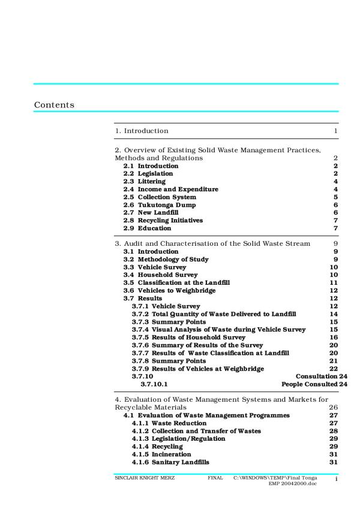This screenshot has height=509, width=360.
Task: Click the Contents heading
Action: [x=55, y=105]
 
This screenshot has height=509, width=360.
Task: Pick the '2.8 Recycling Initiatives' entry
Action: [x=163, y=220]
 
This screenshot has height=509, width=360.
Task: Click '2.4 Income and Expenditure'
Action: [x=170, y=189]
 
